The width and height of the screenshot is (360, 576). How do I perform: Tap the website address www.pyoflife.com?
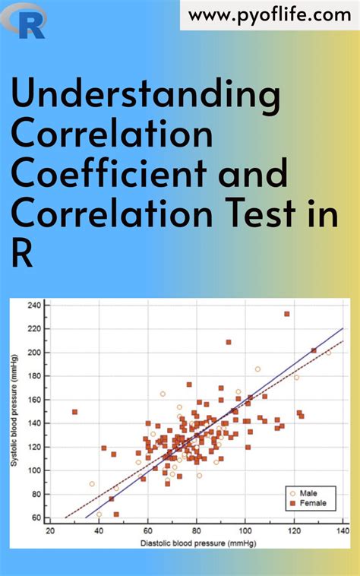coord(270,14)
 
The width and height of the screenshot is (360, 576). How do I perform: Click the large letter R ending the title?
coord(23,254)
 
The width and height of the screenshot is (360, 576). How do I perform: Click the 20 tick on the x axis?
coord(50,531)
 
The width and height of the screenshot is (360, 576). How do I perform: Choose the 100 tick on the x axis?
coord(245,531)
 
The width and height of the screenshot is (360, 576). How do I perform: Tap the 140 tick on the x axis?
coord(343,531)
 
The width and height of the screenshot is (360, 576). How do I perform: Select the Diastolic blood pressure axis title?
coord(196,544)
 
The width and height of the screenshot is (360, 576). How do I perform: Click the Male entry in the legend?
coord(307,492)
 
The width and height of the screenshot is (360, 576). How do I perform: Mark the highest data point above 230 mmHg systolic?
coord(287,314)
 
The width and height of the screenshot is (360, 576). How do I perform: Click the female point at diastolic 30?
coord(74,412)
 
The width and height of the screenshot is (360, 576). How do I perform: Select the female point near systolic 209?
coord(229,342)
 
